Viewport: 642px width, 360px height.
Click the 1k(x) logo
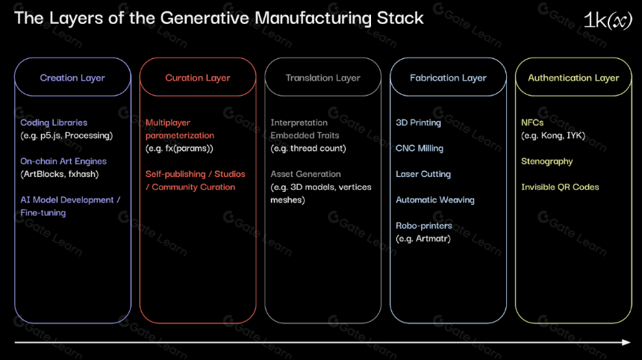coord(608,20)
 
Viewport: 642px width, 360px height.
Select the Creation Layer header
coord(72,78)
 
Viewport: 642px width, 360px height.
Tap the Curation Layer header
coord(198,78)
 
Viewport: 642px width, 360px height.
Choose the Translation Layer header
coord(323,78)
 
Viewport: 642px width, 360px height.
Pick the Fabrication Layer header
coord(449,78)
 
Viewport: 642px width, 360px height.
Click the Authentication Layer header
coord(573,78)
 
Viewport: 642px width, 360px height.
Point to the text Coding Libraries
coord(54,122)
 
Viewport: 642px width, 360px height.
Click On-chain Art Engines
coord(63,161)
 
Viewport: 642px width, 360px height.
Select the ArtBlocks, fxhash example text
coord(60,174)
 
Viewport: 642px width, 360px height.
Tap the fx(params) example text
coord(179,149)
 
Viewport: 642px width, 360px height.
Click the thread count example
coord(308,149)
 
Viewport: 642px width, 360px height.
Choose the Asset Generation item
coord(305,174)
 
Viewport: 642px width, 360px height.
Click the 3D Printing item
coord(419,122)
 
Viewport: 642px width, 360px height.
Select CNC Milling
coord(420,149)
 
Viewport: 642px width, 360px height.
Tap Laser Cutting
coord(423,174)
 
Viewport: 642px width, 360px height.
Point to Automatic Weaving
coord(435,200)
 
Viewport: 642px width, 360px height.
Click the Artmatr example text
coord(423,238)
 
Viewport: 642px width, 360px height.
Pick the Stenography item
coord(547,161)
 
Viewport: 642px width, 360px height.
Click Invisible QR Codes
coord(560,187)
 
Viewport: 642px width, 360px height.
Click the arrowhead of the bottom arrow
coord(627,342)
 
